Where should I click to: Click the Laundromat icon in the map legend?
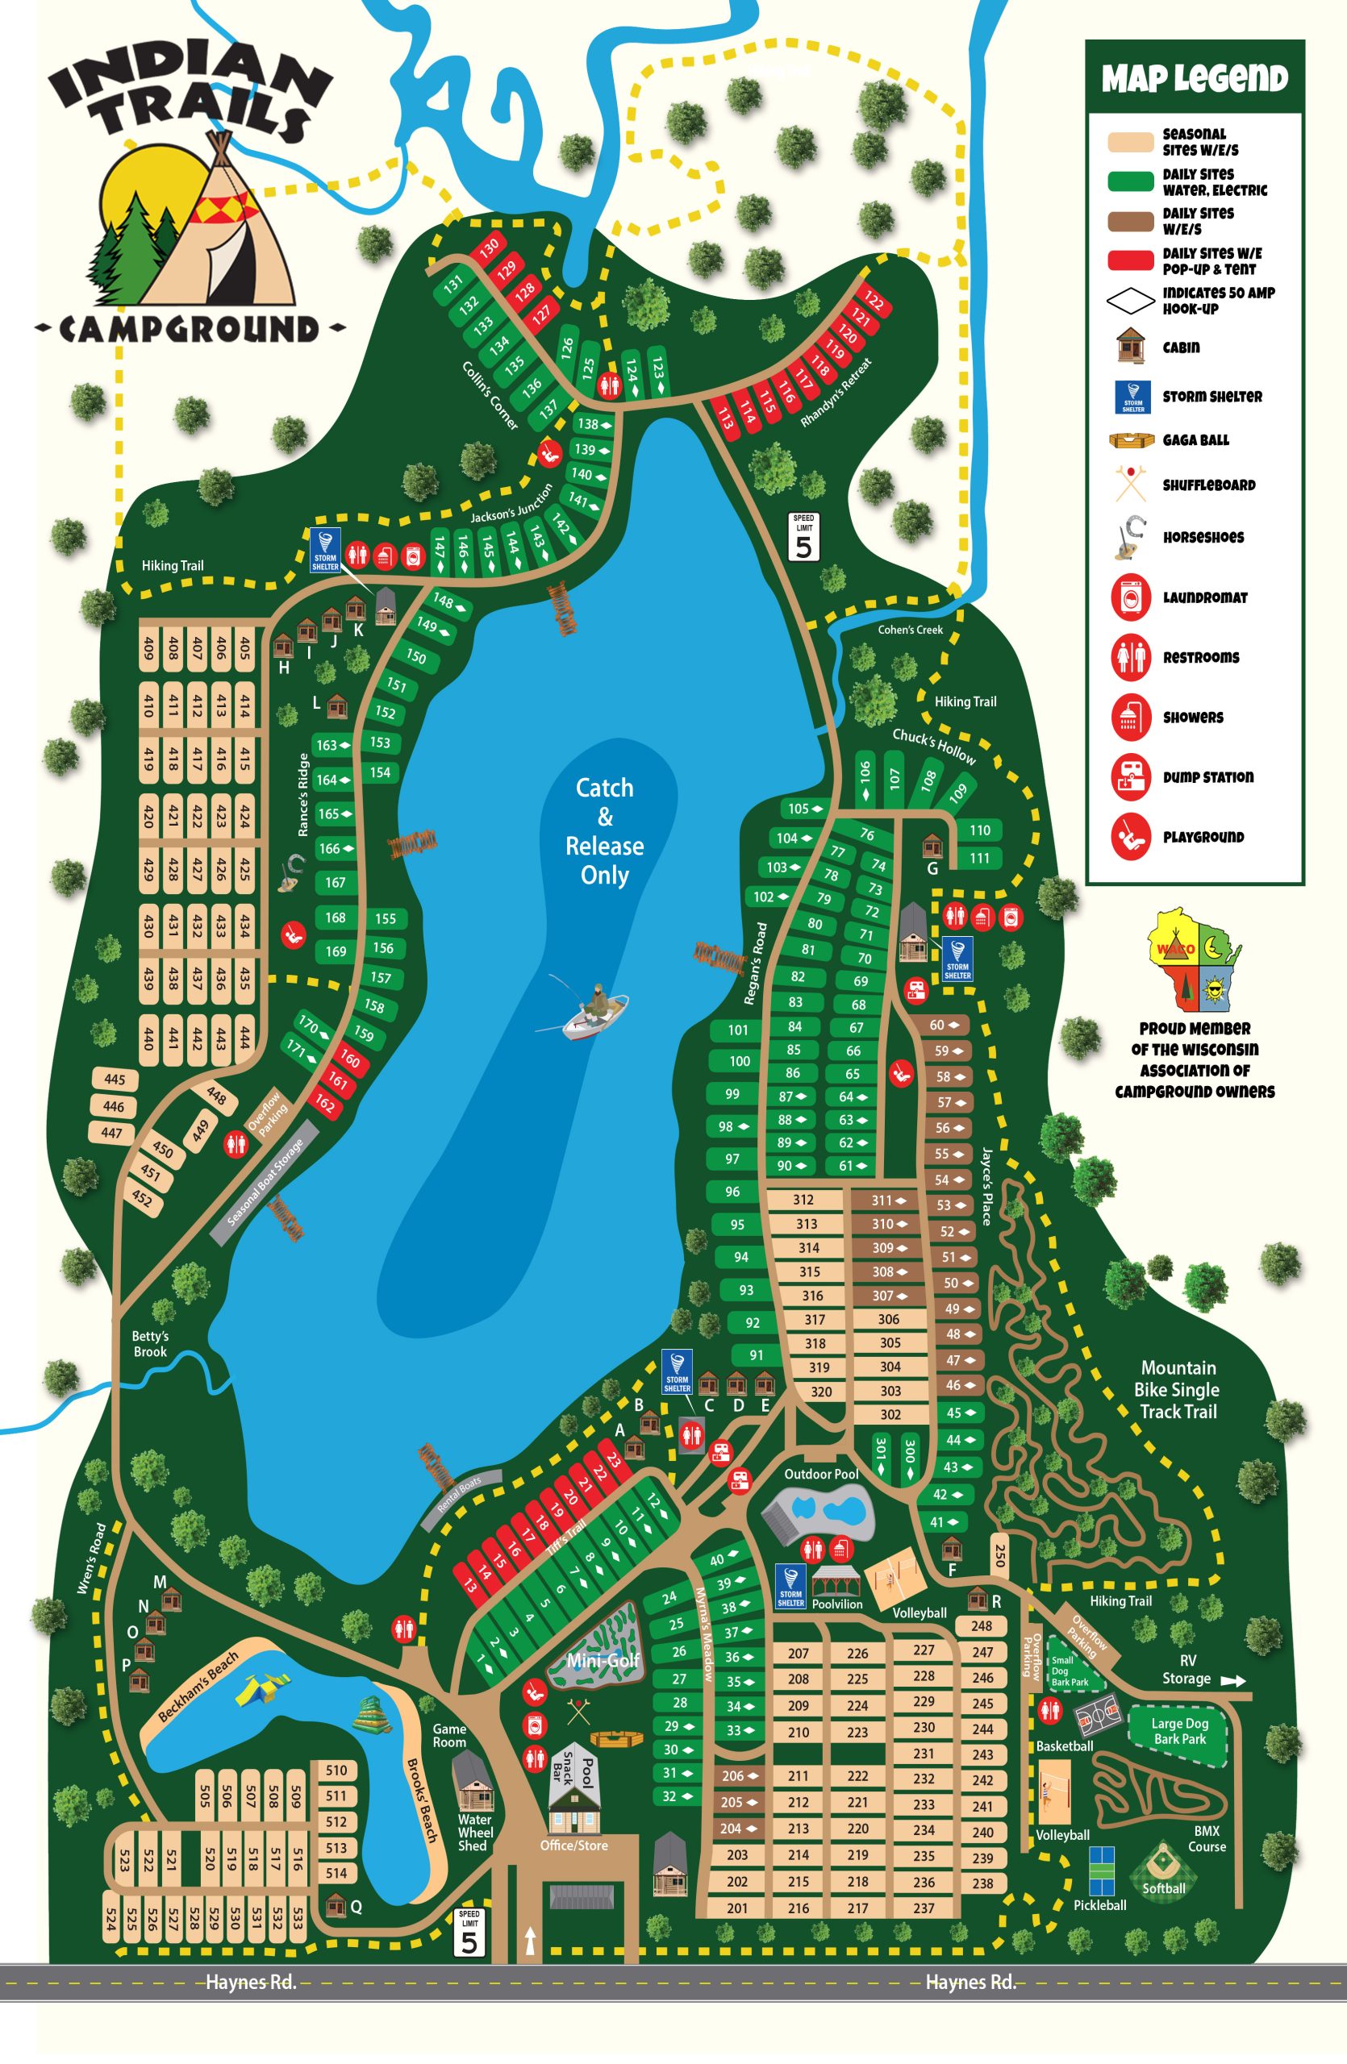pyautogui.click(x=1130, y=597)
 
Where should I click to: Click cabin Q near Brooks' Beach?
pyautogui.click(x=335, y=1905)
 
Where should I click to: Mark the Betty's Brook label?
pyautogui.click(x=150, y=1343)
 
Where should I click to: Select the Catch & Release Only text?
pyautogui.click(x=605, y=830)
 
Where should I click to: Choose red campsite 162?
pyautogui.click(x=324, y=1104)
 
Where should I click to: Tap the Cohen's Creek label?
pyautogui.click(x=910, y=630)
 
